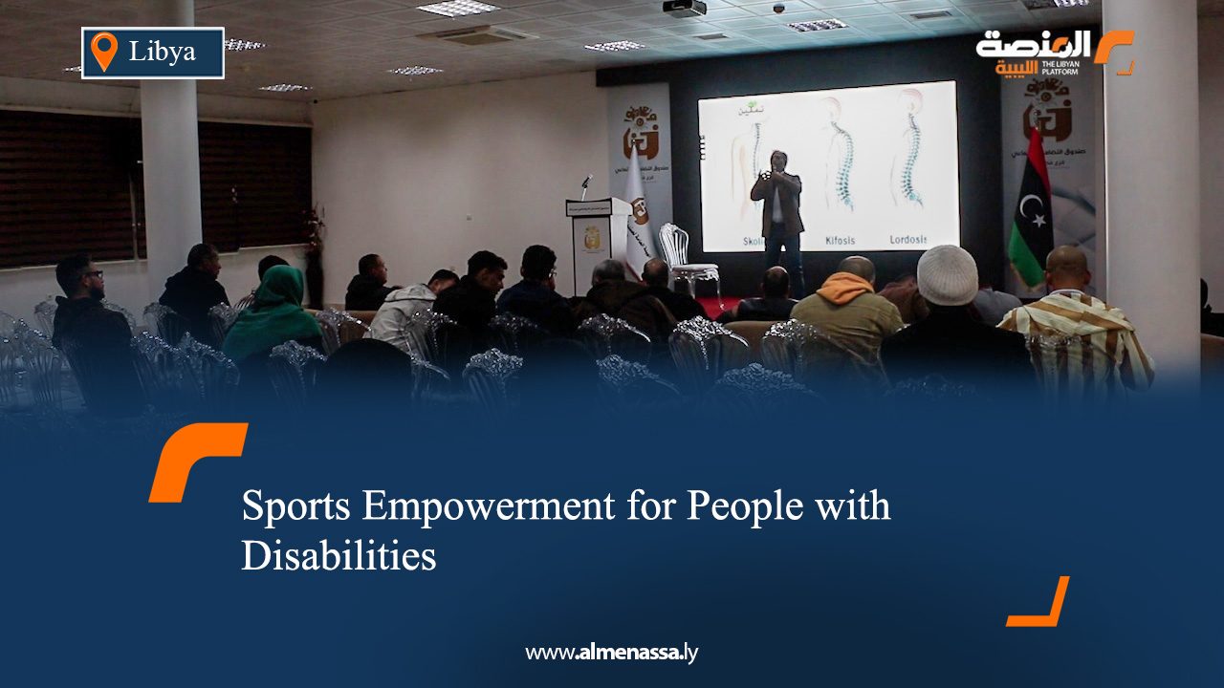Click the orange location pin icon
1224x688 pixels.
[x=103, y=52]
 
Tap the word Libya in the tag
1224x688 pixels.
[x=162, y=52]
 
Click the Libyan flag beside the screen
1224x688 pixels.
[x=1030, y=216]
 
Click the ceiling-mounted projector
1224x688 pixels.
[x=685, y=8]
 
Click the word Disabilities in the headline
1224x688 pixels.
[x=339, y=555]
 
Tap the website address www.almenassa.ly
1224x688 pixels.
[x=612, y=654]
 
